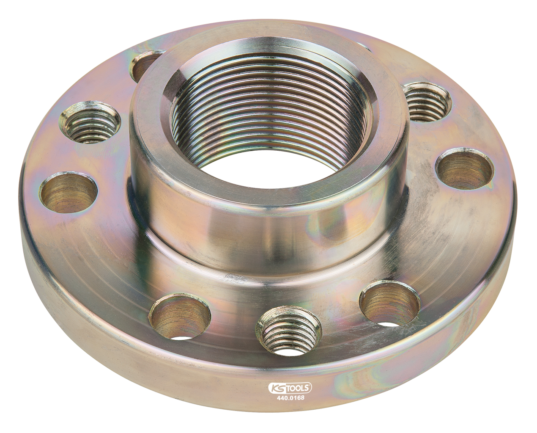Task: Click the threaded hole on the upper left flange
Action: (x=91, y=122)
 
